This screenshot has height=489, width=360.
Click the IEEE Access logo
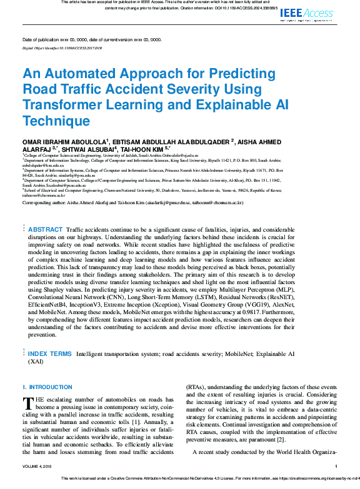tap(308, 12)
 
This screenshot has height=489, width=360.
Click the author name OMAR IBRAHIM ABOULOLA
tap(64, 142)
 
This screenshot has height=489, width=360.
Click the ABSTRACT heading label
tap(45, 230)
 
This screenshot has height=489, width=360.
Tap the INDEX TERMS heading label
tap(50, 353)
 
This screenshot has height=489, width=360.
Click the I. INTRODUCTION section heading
tap(47, 387)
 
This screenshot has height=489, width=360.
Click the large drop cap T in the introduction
tap(27, 404)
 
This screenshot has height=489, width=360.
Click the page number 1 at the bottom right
tap(336, 466)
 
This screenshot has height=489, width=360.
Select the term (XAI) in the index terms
tap(35, 361)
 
